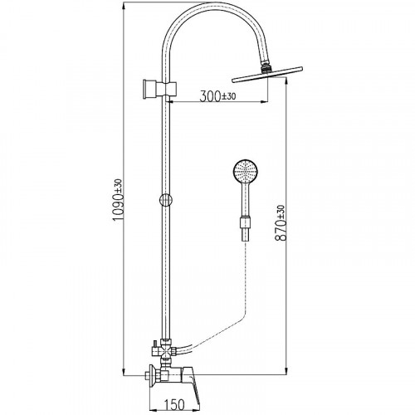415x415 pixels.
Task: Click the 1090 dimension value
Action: [x=118, y=207]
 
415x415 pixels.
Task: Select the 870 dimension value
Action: [x=281, y=230]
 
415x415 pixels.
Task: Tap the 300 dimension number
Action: [x=210, y=96]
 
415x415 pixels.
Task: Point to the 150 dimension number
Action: [x=174, y=404]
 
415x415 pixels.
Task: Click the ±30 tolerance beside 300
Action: [x=228, y=96]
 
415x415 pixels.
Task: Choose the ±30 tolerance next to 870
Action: [x=281, y=212]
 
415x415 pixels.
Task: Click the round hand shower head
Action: [x=246, y=171]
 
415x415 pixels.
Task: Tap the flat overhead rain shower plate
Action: [x=267, y=75]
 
